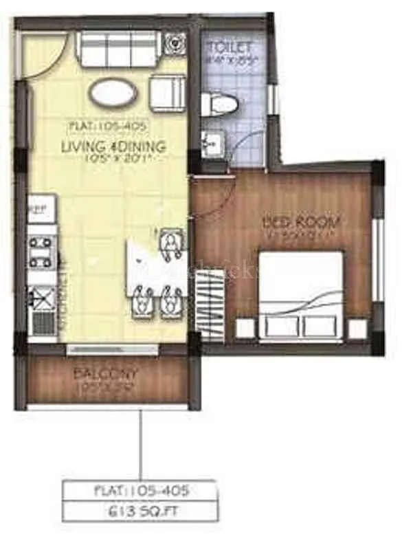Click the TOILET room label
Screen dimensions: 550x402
[230, 47]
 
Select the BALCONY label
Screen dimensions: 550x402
[107, 375]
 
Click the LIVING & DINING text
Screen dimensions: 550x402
[113, 146]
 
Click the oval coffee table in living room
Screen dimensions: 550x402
[113, 94]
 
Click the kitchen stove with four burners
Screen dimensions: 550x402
[41, 252]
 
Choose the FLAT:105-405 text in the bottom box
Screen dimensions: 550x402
[141, 491]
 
